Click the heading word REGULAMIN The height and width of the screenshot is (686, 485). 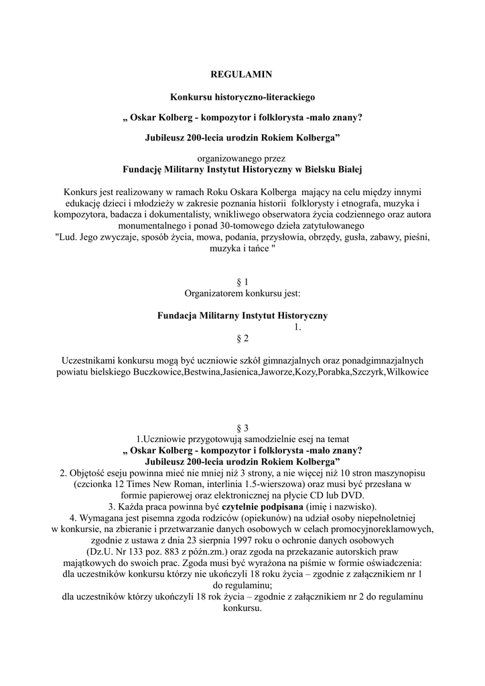242,73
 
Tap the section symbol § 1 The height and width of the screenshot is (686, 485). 242,282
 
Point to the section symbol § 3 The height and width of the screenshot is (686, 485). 242,427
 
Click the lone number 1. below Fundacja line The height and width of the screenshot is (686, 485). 298,327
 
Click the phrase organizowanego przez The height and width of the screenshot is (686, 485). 242,159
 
